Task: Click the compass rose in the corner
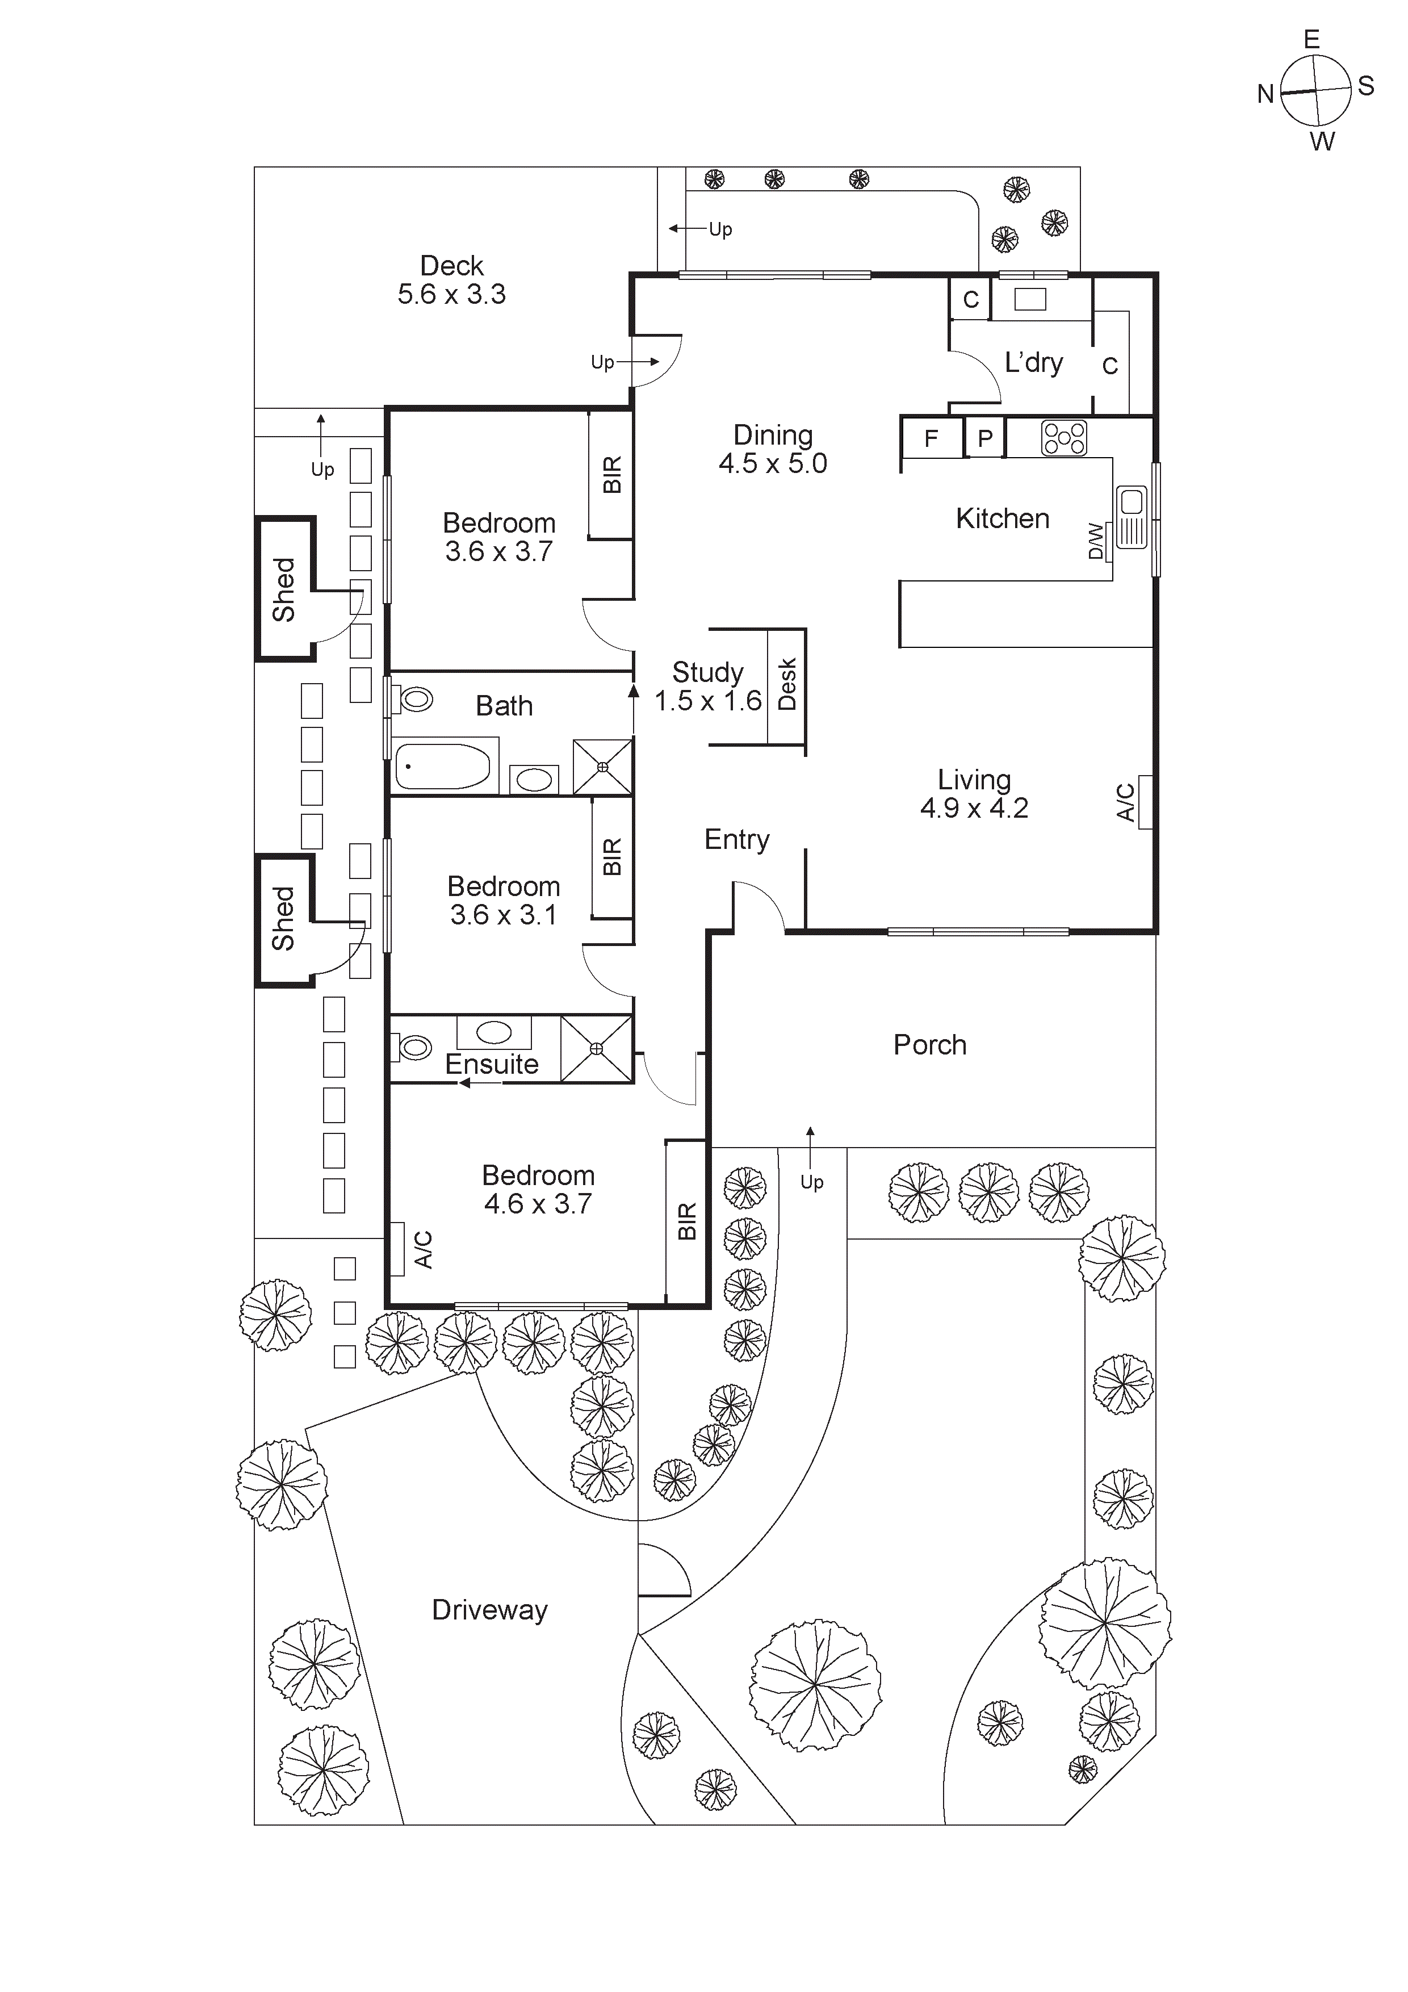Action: coord(1315,90)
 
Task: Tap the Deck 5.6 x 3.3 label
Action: coord(451,279)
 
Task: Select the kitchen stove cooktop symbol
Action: coord(1063,438)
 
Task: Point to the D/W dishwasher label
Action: coord(1096,541)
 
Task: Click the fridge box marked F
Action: coord(932,438)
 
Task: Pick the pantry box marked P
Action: coord(984,438)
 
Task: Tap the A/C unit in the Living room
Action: coord(1144,802)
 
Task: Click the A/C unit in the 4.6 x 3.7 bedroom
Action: coord(398,1249)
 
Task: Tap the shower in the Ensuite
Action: coord(596,1049)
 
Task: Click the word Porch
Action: coord(930,1045)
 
